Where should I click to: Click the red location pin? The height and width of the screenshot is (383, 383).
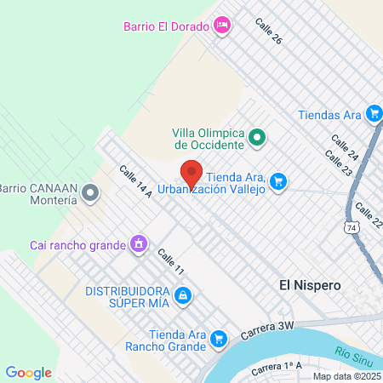pos(191,174)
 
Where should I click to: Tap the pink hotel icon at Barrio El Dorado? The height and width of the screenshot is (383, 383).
pos(221,25)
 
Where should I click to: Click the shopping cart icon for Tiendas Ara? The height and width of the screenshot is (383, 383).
pos(373,113)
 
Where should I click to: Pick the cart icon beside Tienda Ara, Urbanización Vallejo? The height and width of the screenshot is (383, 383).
pos(278,180)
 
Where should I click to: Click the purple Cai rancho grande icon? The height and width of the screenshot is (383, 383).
pos(137,245)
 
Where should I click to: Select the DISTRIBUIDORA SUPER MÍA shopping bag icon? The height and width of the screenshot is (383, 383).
pos(181,295)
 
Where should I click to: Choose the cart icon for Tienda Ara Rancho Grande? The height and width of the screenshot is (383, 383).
pos(219,339)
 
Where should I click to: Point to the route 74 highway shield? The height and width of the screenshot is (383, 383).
pos(352,227)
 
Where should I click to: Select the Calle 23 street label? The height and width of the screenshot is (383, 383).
pos(337,164)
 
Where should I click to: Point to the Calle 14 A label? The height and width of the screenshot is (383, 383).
pos(135,182)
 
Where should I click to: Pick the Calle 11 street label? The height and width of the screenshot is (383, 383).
pos(170,263)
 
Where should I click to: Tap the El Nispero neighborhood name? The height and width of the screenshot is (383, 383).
pos(311,286)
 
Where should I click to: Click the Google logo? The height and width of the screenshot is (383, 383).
pos(28,372)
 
